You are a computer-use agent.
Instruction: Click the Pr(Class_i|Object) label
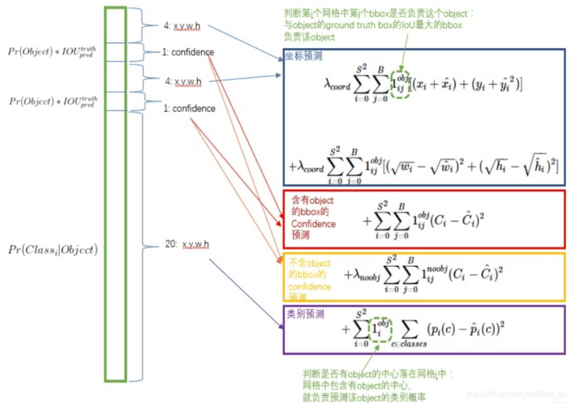pos(53,249)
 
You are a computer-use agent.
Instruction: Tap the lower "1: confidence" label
pos(189,108)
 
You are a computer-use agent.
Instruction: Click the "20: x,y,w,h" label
pos(187,245)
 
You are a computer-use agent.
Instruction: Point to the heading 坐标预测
pos(303,57)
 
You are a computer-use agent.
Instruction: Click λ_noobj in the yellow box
pos(362,275)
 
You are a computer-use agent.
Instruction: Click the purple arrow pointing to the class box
pos(244,294)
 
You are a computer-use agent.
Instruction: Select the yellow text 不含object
pos(309,263)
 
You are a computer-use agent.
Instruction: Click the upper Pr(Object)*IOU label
pos(52,51)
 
